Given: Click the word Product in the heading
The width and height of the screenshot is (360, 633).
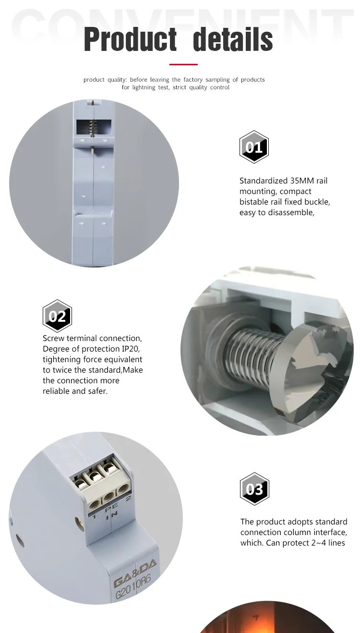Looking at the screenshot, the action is (x=130, y=39).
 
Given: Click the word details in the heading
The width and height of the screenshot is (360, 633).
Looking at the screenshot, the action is (x=233, y=39).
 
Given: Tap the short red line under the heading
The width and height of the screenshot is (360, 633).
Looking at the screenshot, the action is (x=183, y=64).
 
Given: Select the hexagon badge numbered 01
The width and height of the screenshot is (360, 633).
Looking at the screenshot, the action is (x=254, y=147).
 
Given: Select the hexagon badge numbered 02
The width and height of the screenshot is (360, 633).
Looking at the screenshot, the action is (x=57, y=316).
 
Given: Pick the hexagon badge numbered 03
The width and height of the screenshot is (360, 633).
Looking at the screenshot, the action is (x=254, y=489).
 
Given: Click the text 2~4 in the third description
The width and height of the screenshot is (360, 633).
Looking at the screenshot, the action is (x=319, y=543).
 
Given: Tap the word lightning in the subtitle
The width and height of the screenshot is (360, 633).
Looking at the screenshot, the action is (x=144, y=87).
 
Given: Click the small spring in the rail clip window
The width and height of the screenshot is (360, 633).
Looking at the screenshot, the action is (x=92, y=128).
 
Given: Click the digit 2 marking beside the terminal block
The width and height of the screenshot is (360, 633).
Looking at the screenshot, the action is (x=128, y=498).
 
